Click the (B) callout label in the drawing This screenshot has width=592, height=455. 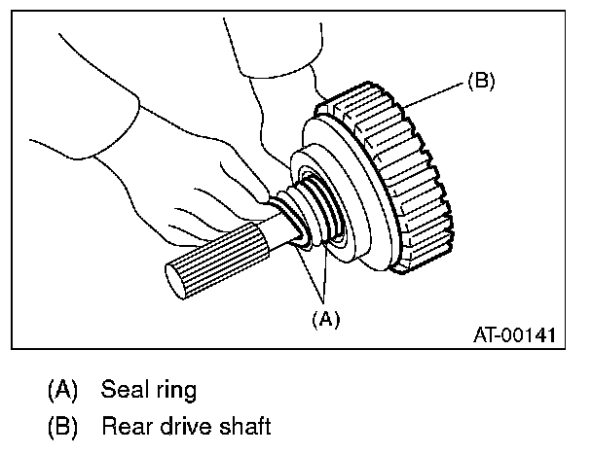pos(480,82)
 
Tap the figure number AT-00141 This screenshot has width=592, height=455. pos(513,335)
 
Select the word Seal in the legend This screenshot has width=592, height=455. pos(125,390)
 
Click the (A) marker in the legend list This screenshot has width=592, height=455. pos(63,391)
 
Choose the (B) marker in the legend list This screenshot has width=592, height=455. pos(63,425)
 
